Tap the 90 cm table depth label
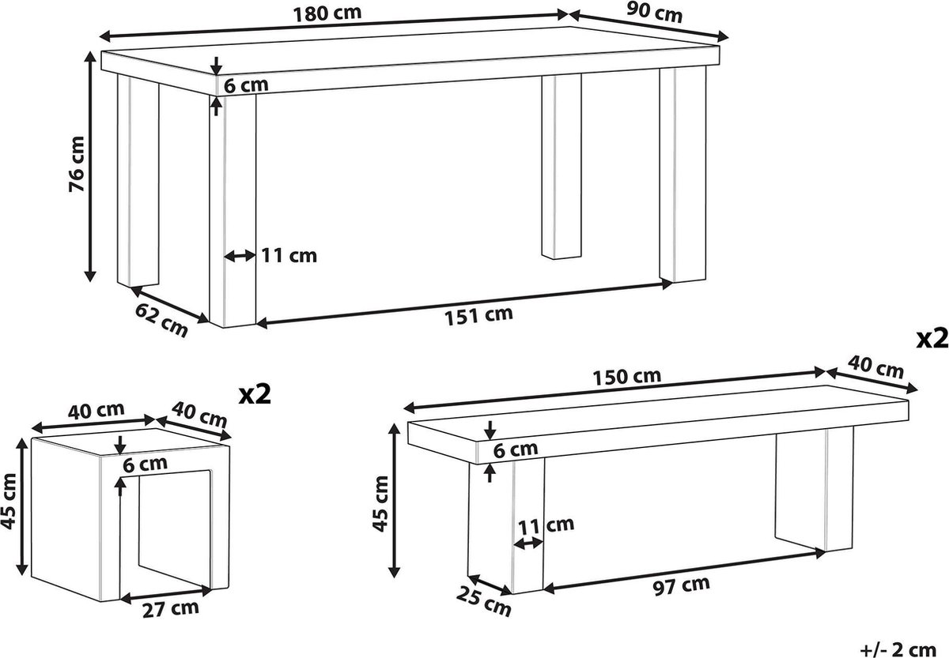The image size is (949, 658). coord(655,13)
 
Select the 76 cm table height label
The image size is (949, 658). coord(78,164)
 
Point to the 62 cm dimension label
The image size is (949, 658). coord(161,321)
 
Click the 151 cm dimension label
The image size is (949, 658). coord(478,316)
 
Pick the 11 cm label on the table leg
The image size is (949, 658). coord(289,256)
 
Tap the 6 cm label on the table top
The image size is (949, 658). coord(246,85)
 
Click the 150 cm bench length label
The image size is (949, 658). coord(626,377)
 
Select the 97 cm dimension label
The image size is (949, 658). coord(682,586)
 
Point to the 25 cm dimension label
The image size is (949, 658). coord(484,602)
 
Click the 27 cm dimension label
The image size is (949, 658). coord(171,609)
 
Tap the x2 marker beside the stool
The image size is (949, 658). coord(255,394)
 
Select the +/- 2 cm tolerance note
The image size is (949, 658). coord(898,649)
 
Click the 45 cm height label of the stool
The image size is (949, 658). coord(9,502)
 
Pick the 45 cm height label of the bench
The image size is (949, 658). coord(380,503)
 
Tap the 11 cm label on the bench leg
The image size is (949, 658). coord(546,526)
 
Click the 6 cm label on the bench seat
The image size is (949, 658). coord(516,450)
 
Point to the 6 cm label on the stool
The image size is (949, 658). coord(146,464)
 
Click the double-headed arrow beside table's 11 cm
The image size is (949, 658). coord(240,256)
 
